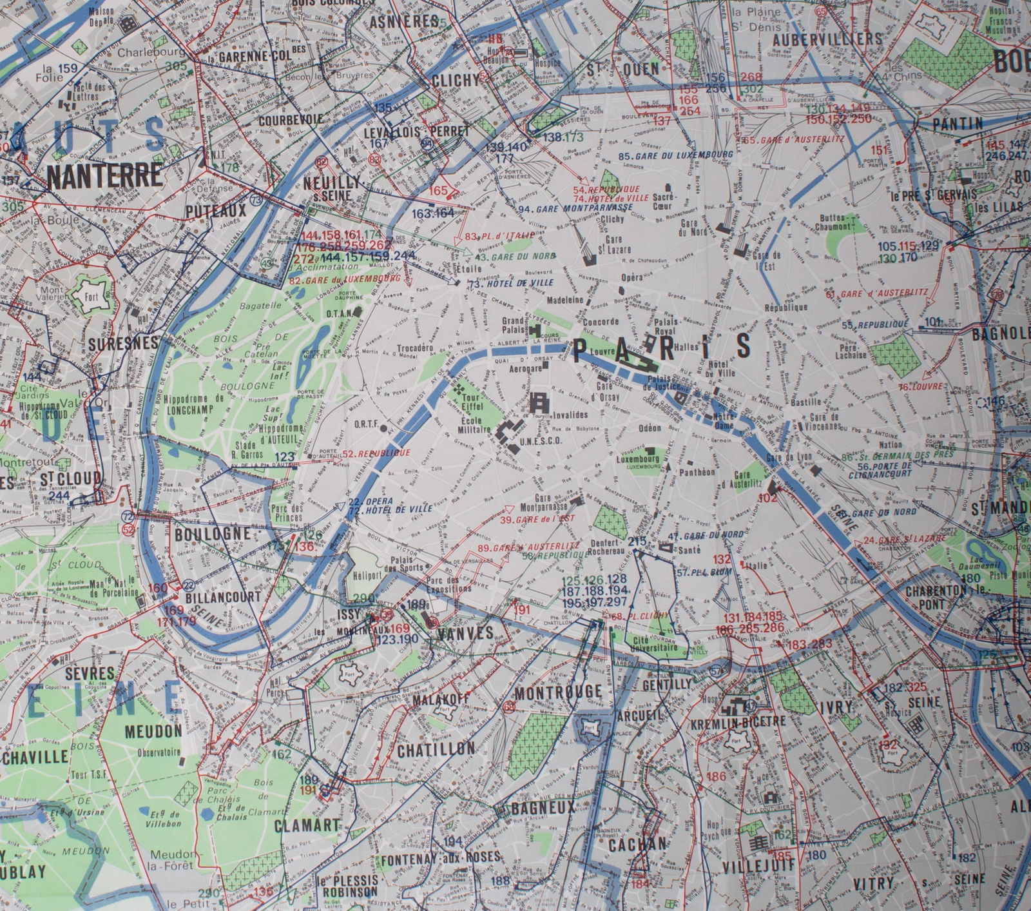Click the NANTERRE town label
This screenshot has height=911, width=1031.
pyautogui.click(x=104, y=175)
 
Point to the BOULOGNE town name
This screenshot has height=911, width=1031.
pyautogui.click(x=212, y=534)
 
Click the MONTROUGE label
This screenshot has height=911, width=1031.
pyautogui.click(x=558, y=692)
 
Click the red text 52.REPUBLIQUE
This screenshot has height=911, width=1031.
pyautogui.click(x=377, y=454)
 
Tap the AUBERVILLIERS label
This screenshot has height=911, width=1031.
pyautogui.click(x=827, y=39)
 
